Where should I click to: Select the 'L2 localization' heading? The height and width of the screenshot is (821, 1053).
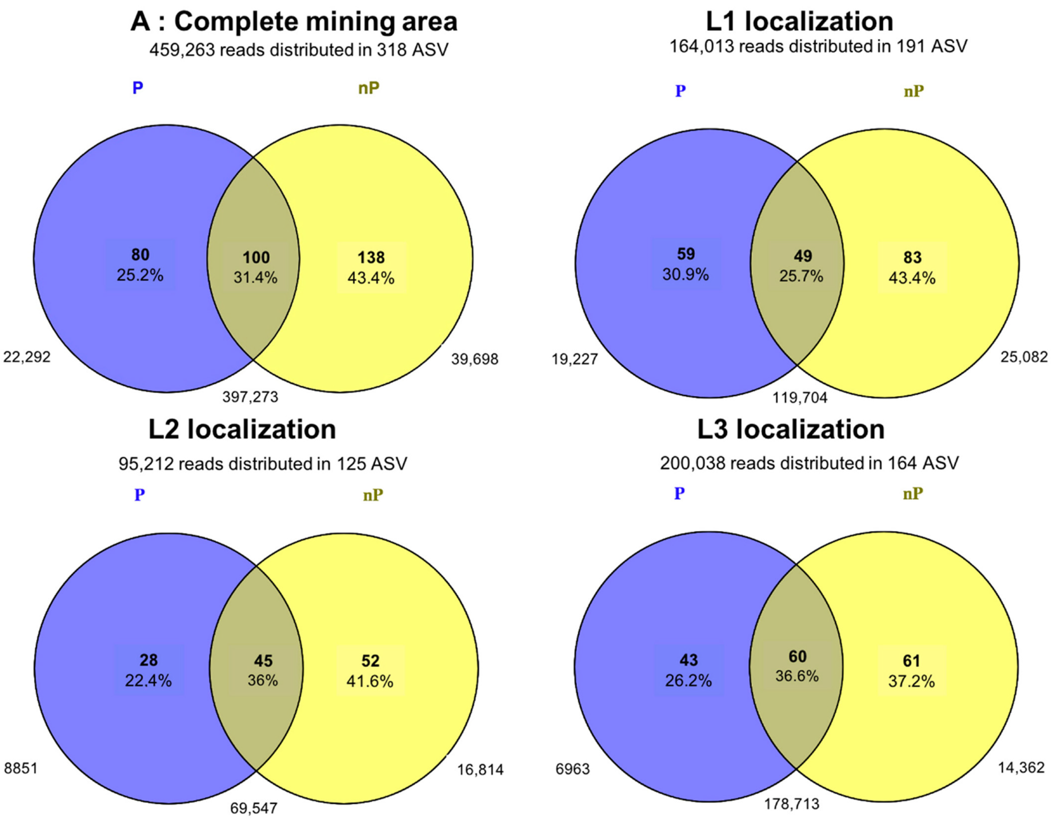[242, 429]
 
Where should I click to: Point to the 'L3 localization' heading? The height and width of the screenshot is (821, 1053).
[791, 429]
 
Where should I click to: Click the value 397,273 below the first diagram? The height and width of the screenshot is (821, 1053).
[250, 397]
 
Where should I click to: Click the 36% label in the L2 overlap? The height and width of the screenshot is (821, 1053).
[263, 680]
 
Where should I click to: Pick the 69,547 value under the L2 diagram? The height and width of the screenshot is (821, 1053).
[254, 808]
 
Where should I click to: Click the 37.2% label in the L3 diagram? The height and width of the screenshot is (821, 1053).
[911, 681]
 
